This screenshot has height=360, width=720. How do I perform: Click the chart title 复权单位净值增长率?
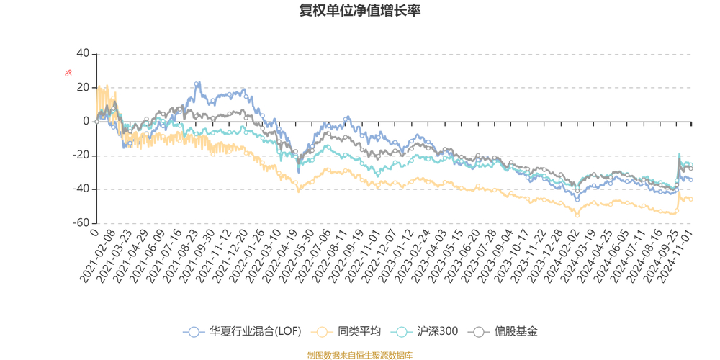(x=360, y=11)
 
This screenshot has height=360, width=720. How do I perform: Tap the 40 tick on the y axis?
(x=83, y=54)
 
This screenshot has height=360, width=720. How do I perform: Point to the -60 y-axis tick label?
(x=80, y=223)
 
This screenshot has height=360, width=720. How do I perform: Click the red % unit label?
(x=68, y=73)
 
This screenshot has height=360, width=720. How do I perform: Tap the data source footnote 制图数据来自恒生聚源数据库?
(x=360, y=355)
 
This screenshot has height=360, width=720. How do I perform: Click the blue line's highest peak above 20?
(x=197, y=83)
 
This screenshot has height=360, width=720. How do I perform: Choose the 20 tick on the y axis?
(x=83, y=88)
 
